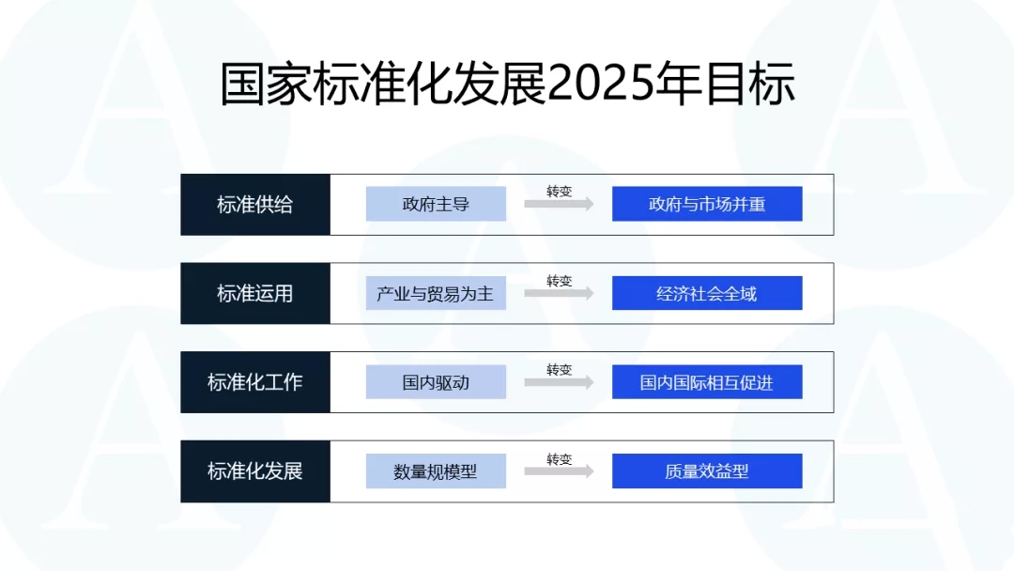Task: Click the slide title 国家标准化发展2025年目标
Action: point(507,84)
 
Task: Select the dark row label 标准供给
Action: point(255,205)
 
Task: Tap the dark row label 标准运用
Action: point(255,293)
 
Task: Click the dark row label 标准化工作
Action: point(255,382)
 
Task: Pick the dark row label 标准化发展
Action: point(255,471)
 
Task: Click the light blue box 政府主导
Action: point(436,204)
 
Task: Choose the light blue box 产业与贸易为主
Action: point(436,293)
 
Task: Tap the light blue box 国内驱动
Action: point(436,382)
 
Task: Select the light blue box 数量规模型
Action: point(436,471)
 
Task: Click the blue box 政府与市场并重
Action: point(707,204)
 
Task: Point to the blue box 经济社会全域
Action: point(707,293)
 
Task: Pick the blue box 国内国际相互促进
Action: point(707,382)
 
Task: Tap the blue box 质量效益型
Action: point(707,471)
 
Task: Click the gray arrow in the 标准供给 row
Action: point(559,205)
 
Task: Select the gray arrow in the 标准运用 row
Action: point(559,294)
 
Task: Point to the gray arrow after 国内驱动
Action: point(559,382)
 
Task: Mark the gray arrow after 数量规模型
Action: point(559,471)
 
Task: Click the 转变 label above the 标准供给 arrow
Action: point(560,191)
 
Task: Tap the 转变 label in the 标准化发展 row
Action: point(560,458)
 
